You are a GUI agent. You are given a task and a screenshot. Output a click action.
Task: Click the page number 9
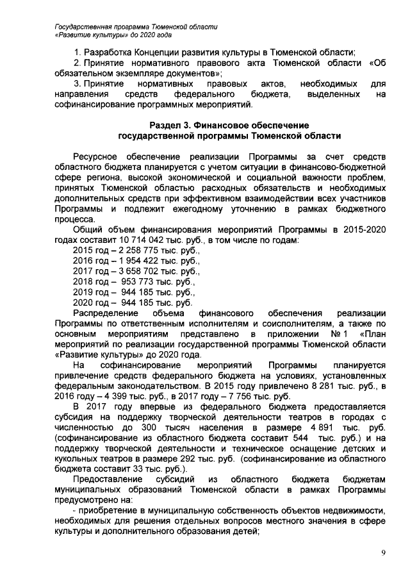click(382, 553)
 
